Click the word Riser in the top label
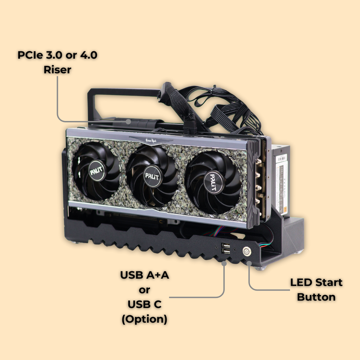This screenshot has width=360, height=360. (x=57, y=70)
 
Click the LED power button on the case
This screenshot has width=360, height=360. (x=246, y=251)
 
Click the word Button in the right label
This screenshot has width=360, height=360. (x=316, y=297)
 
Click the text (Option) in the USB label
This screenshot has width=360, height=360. (x=144, y=319)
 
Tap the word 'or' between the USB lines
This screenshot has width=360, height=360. (x=144, y=290)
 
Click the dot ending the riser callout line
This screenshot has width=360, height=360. (x=128, y=122)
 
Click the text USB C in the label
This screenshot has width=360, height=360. (x=144, y=304)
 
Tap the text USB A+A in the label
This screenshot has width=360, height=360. (x=144, y=275)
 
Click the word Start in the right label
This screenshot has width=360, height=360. (x=328, y=282)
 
